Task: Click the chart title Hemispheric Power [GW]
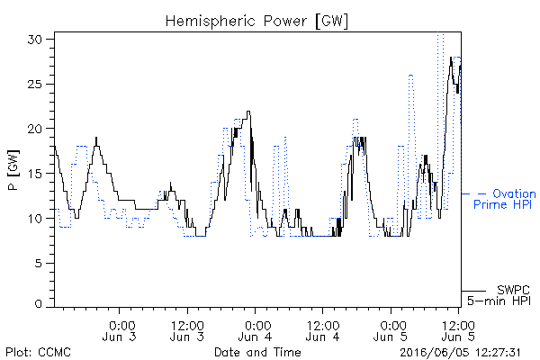pos(256,21)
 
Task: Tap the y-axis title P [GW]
pos(13,170)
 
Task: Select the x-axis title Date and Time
pos(257,352)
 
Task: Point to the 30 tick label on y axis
pos(34,40)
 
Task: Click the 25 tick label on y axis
pos(34,84)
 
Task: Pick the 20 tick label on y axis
pos(34,129)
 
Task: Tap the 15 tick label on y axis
pos(34,174)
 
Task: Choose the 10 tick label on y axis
pos(34,218)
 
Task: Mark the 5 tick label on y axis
pos(38,263)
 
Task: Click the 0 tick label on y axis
pos(38,304)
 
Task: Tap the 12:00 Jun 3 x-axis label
pos(187,330)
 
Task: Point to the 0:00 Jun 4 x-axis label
pos(256,330)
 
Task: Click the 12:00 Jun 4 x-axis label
pos(323,330)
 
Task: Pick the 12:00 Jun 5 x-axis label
pos(458,330)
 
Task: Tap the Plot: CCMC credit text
pos(38,352)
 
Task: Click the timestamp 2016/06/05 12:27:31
pos(460,353)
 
